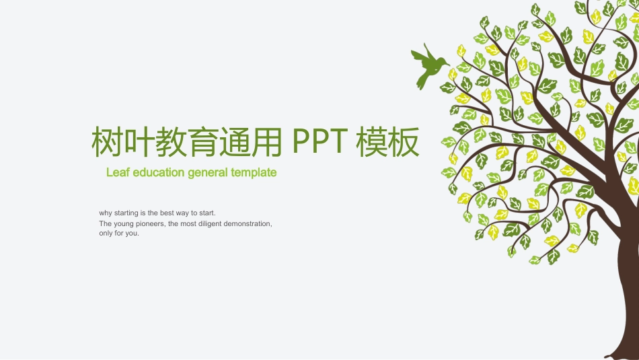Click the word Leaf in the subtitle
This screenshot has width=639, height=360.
point(118,172)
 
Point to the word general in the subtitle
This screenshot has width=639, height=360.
point(208,172)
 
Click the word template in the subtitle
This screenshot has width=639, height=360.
point(254,172)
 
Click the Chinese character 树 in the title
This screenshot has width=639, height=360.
point(106,141)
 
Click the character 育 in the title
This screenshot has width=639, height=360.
point(203,141)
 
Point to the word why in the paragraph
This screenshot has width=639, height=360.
point(106,213)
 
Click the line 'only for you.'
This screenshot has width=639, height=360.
point(119,233)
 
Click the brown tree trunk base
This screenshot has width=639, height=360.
point(626,336)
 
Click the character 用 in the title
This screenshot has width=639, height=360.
point(268,141)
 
